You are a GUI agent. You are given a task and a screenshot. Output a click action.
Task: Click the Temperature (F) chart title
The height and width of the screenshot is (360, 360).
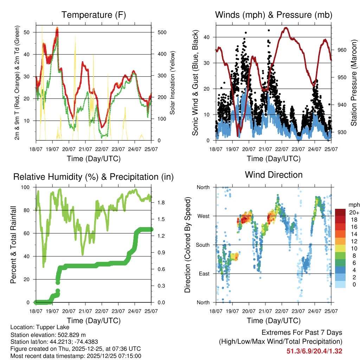94,15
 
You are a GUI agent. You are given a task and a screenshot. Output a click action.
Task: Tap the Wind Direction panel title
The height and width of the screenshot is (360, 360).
274,175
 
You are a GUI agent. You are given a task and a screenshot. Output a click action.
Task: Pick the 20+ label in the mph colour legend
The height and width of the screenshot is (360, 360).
354,213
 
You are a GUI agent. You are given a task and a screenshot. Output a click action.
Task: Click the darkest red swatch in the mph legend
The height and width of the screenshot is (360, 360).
340,212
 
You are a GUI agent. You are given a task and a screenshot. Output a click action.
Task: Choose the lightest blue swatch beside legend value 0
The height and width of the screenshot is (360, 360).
340,284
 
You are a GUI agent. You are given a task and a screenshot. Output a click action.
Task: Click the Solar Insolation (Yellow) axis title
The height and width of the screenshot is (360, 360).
173,83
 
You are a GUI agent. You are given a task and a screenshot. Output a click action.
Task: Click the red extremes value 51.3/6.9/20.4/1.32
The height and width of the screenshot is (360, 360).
314,351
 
